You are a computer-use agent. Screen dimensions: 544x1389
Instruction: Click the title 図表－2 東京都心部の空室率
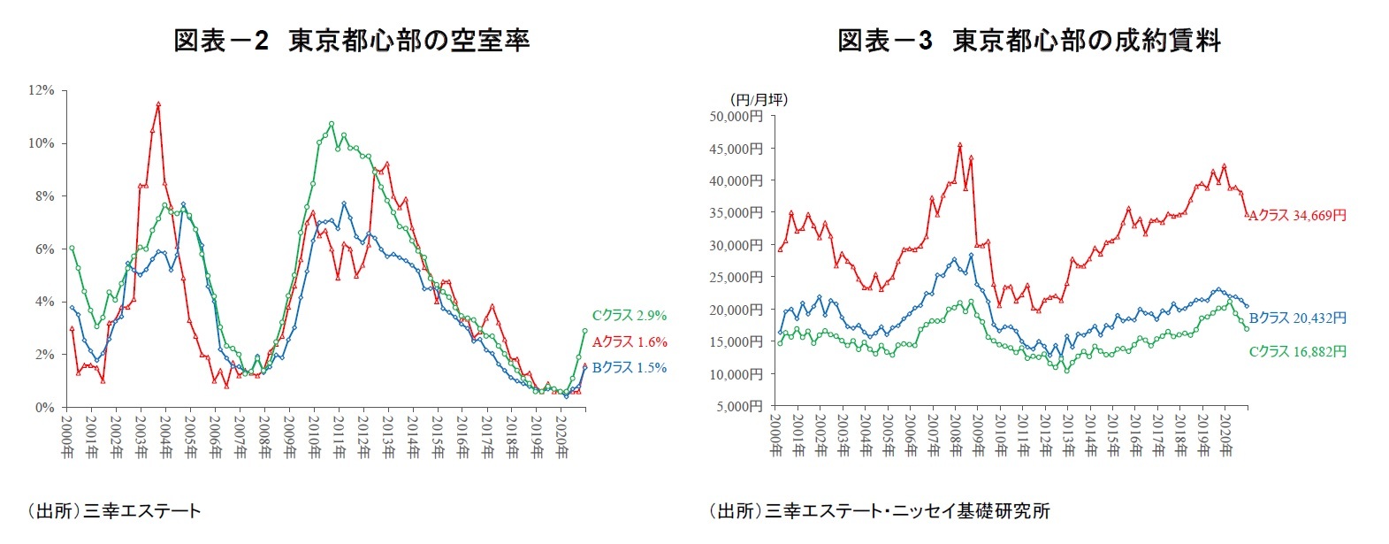pyautogui.click(x=351, y=41)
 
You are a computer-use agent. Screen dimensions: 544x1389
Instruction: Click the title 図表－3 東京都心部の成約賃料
pyautogui.click(x=1029, y=41)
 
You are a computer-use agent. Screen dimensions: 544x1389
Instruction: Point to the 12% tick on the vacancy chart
pyautogui.click(x=42, y=90)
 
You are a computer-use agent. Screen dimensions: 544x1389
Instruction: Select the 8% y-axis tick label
pyautogui.click(x=44, y=196)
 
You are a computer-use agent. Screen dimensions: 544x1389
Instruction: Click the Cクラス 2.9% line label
pyautogui.click(x=629, y=316)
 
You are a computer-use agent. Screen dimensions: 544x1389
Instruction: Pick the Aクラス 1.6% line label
pyautogui.click(x=629, y=342)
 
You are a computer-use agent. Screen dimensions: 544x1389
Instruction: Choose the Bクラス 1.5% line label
pyautogui.click(x=629, y=368)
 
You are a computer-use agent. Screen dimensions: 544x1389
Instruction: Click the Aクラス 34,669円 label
pyautogui.click(x=1297, y=216)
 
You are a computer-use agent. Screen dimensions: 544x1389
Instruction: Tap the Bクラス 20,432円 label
pyautogui.click(x=1297, y=318)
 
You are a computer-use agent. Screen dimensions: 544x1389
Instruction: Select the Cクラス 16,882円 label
pyautogui.click(x=1297, y=352)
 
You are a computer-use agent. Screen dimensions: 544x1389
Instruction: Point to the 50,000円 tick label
pyautogui.click(x=736, y=116)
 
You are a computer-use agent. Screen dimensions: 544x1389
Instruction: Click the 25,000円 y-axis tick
pyautogui.click(x=736, y=277)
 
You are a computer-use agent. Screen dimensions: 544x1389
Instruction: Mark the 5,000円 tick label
pyautogui.click(x=739, y=406)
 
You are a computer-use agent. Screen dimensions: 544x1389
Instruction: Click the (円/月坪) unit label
pyautogui.click(x=759, y=99)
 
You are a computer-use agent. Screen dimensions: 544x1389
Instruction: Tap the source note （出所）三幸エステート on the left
pyautogui.click(x=113, y=510)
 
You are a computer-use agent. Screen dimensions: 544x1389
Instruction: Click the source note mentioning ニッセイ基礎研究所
pyautogui.click(x=879, y=510)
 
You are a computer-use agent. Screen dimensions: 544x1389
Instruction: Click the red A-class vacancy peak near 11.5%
pyautogui.click(x=158, y=103)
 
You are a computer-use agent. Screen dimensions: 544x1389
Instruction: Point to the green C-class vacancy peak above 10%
pyautogui.click(x=332, y=124)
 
